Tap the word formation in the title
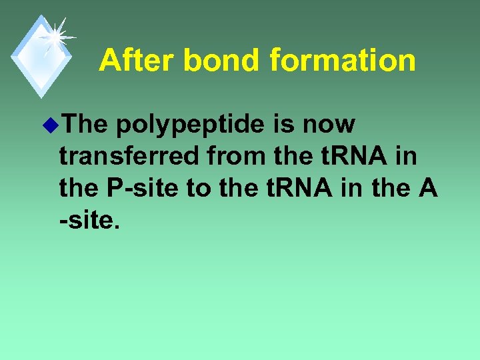pos(343,61)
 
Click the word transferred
pos(130,156)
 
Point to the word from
pos(238,156)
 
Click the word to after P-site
pos(197,188)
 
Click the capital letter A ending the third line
pos(427,188)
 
